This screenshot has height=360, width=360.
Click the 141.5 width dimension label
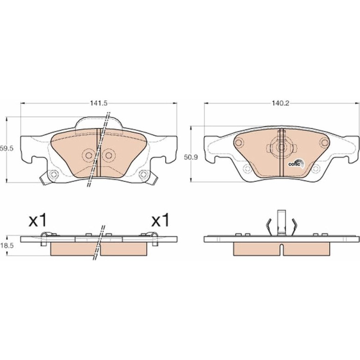(99, 103)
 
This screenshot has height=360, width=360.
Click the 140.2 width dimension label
(281, 103)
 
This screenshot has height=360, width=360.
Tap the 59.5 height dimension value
(7, 148)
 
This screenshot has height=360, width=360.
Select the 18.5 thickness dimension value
(7, 246)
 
